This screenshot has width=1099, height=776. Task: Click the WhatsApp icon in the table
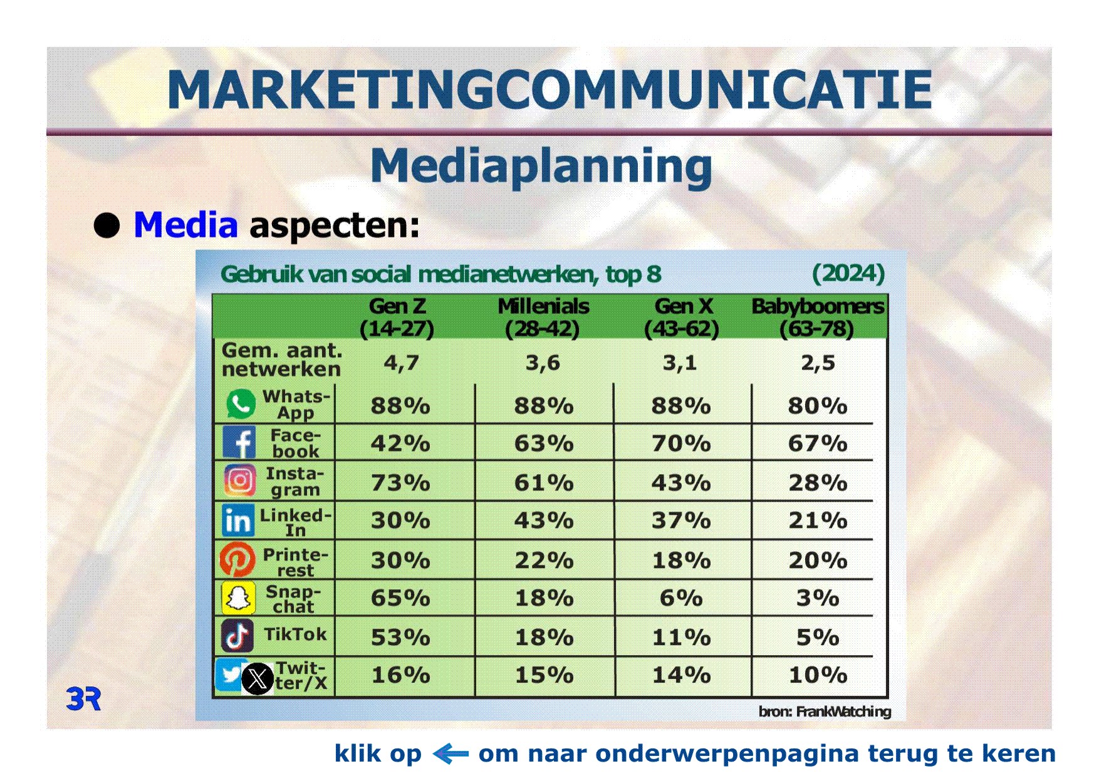tap(241, 404)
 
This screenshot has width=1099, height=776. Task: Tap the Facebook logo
tap(239, 442)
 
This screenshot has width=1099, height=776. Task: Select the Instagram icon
tap(239, 481)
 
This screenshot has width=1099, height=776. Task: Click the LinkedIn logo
tap(238, 520)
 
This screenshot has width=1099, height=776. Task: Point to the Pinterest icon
tap(237, 559)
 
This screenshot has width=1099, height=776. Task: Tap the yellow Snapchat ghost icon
tap(238, 598)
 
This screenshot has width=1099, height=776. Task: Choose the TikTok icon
tap(237, 636)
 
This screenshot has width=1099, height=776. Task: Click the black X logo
tap(258, 679)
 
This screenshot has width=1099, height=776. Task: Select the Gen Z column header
tap(397, 318)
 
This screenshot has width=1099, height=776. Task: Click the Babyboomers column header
tap(818, 318)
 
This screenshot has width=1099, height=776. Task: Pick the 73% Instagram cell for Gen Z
tap(400, 483)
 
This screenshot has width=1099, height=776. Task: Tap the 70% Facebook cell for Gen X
tap(681, 443)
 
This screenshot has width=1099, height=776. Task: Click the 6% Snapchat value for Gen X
tap(681, 598)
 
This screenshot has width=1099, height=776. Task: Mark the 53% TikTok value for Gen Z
tap(400, 638)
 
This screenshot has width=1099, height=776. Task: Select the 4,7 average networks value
tap(401, 363)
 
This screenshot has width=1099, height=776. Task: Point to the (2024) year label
tap(848, 273)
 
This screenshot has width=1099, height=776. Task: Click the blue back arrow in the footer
tap(451, 753)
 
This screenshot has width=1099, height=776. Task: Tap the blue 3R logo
tap(84, 698)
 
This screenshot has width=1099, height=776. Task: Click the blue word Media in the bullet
tap(185, 225)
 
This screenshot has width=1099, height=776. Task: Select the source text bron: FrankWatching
tap(825, 711)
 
